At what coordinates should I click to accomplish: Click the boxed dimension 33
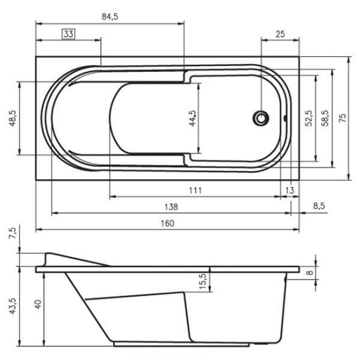(x=69, y=34)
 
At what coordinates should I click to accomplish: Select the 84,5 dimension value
(x=110, y=17)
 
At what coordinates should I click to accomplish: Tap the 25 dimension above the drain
(x=280, y=34)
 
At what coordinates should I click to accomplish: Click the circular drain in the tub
(x=261, y=118)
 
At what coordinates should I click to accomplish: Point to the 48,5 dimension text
(x=12, y=118)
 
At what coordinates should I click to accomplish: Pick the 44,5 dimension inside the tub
(x=192, y=118)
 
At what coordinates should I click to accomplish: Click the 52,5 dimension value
(x=309, y=118)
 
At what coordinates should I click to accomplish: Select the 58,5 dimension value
(x=325, y=118)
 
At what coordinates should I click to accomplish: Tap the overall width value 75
(x=342, y=118)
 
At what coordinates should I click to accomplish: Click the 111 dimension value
(x=196, y=190)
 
